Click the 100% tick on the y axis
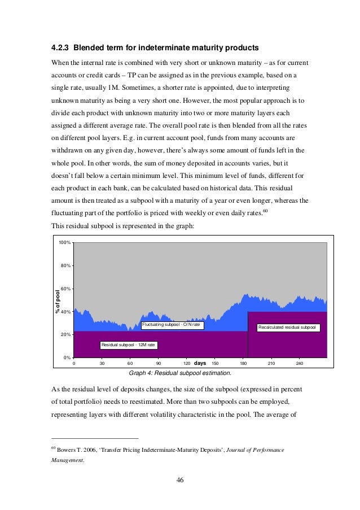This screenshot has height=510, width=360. coord(65,242)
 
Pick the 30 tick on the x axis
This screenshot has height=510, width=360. coord(102,363)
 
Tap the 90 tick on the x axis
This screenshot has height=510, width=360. coord(158,363)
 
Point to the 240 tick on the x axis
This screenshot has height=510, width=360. coord(299,363)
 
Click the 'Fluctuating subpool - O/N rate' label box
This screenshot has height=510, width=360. coord(172,325)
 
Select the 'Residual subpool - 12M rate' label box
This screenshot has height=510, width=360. coord(128,345)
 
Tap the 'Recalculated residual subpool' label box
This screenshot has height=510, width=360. coord(288,327)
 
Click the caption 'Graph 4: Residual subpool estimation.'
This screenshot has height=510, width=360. coord(180,373)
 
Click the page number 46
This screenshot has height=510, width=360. coord(180,480)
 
